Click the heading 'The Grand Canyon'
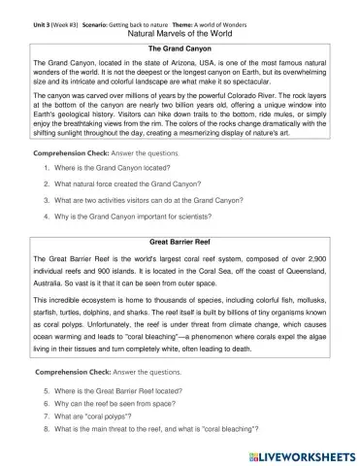[x=179, y=47]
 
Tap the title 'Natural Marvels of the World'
[x=179, y=31]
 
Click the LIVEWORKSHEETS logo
[x=305, y=454]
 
